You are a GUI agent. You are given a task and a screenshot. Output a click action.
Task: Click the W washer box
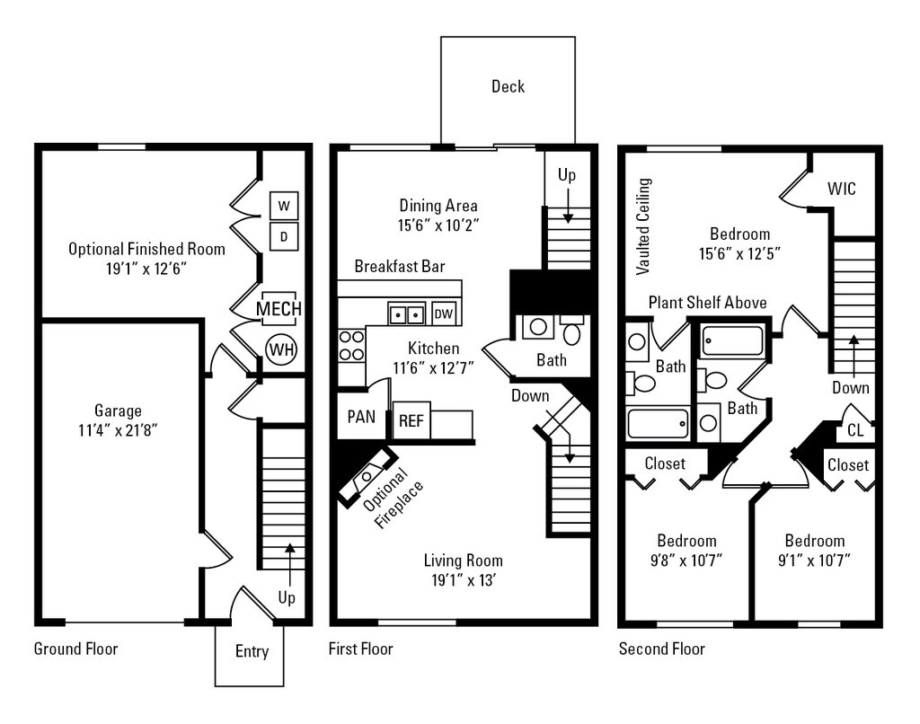coord(284,206)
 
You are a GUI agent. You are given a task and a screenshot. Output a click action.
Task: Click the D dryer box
coord(284,237)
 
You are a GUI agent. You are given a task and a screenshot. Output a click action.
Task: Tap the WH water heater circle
coord(281,349)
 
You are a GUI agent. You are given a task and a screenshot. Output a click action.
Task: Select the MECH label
coord(279,309)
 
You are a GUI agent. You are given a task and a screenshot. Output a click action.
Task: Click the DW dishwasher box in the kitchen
coord(443,313)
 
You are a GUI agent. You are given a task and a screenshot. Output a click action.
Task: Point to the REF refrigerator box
coord(411,420)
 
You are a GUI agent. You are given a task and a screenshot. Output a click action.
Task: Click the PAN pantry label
coord(362,418)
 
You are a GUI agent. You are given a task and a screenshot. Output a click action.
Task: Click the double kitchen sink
coord(406,313)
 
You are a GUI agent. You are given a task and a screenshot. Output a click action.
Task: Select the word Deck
coord(508,87)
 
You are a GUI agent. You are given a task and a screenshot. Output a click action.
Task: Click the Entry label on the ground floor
coord(252,652)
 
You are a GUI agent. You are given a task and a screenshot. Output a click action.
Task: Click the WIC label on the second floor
coord(842,190)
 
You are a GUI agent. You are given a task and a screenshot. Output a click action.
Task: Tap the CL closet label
coord(855,430)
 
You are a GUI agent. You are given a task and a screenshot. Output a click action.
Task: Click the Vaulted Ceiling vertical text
coord(642,225)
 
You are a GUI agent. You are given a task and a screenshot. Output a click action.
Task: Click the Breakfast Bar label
coord(400,267)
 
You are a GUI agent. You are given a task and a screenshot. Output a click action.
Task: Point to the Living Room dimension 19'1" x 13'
coord(463,579)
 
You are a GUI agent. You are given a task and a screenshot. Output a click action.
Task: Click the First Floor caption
coord(361,649)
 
